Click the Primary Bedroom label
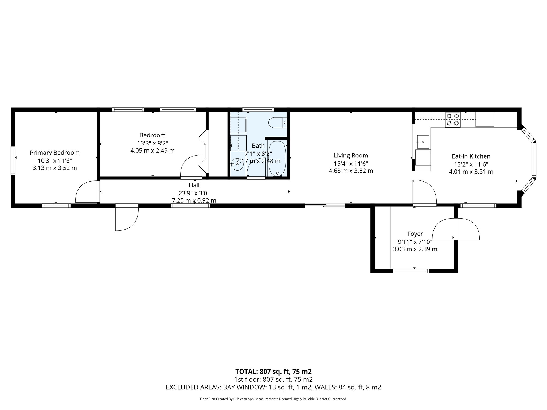point(54,153)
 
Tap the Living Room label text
point(351,155)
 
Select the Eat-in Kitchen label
point(471,156)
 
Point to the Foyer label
point(415,234)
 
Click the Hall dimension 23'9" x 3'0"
point(194,193)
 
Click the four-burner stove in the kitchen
point(453,120)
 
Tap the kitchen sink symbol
point(423,142)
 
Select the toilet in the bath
point(277,123)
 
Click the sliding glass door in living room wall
point(325,206)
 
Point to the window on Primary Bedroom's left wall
point(13,160)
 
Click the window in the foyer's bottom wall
point(411,271)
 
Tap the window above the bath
point(258,109)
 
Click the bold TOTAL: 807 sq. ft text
point(273,372)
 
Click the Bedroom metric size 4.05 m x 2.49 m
point(152,151)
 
